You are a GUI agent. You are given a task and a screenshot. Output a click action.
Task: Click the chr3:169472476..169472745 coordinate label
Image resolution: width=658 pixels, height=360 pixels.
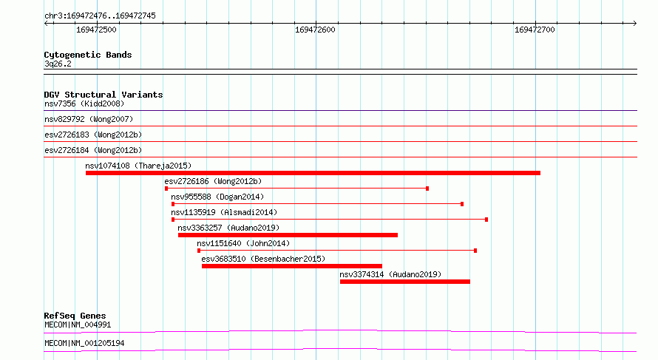[100, 16]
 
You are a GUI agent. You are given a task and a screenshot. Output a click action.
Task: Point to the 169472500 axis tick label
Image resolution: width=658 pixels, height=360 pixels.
[96, 30]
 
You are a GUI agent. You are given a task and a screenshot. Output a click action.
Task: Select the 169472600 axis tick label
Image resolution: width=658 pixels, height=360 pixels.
[315, 30]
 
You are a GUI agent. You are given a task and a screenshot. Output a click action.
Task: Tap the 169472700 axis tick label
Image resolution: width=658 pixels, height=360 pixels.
[535, 30]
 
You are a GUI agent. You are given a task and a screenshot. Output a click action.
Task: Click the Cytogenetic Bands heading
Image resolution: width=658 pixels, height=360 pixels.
[88, 55]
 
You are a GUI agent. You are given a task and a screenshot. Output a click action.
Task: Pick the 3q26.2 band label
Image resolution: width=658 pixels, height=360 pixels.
[58, 64]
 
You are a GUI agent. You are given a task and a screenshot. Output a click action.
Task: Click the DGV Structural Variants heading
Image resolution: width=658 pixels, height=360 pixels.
[104, 95]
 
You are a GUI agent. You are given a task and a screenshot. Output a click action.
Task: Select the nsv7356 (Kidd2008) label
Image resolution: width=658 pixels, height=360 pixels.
[84, 103]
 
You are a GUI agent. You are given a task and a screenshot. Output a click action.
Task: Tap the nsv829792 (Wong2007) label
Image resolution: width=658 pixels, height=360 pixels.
[89, 119]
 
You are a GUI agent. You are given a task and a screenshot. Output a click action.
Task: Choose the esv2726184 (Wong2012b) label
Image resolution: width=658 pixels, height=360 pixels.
[93, 150]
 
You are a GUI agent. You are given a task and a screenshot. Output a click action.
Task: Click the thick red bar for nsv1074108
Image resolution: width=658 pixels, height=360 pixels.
[313, 173]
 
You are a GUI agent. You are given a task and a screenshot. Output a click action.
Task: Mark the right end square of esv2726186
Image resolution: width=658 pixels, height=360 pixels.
[427, 189]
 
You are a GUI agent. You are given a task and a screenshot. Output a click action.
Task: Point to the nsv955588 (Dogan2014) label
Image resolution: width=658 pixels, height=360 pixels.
[217, 197]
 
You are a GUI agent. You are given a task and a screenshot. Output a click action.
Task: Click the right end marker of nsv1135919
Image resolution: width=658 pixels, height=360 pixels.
[486, 220]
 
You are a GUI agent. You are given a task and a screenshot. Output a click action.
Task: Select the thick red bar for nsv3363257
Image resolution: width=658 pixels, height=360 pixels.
[288, 235]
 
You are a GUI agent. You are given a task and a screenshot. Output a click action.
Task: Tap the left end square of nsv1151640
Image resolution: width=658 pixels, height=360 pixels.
[199, 251]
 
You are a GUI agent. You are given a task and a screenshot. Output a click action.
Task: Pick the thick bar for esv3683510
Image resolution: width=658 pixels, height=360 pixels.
[292, 266]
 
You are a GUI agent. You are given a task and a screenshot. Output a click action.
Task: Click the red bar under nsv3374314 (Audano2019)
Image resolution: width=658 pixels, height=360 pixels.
[405, 282]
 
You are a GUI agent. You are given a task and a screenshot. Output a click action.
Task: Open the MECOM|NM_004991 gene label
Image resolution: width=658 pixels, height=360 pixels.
[78, 325]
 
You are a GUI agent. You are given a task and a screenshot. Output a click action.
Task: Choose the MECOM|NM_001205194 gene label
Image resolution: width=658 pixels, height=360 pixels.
[84, 343]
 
